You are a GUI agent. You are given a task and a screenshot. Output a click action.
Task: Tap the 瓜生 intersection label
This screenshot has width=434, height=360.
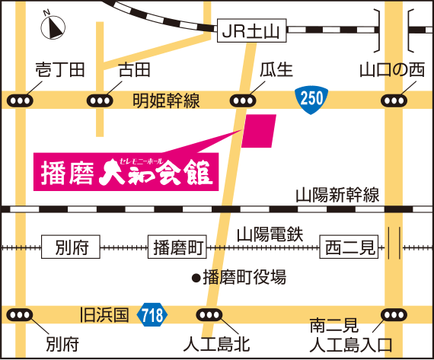click(x=276, y=71)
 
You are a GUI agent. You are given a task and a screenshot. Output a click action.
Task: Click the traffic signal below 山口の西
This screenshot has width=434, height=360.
click(x=394, y=100)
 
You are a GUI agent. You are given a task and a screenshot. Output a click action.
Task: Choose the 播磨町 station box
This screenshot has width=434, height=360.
click(x=177, y=247)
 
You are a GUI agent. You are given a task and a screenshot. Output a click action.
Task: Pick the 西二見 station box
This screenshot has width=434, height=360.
click(x=347, y=247)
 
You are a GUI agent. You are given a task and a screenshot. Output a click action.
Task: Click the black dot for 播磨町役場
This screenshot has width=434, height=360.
click(x=195, y=278)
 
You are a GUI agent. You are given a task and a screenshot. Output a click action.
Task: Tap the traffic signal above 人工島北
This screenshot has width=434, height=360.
click(x=209, y=314)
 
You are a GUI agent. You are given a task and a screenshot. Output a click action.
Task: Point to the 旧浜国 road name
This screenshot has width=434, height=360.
click(x=106, y=314)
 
